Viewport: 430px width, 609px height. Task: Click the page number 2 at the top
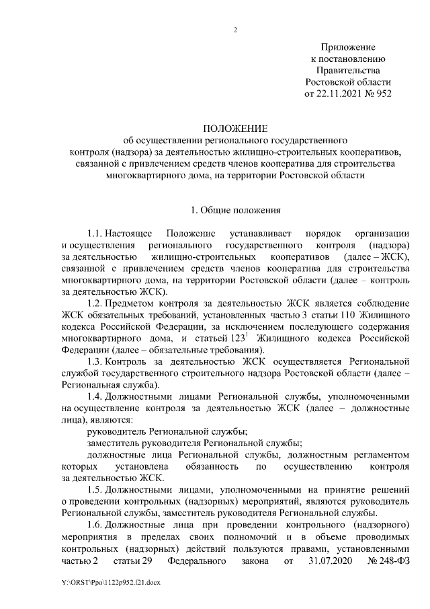[x=234, y=29]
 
